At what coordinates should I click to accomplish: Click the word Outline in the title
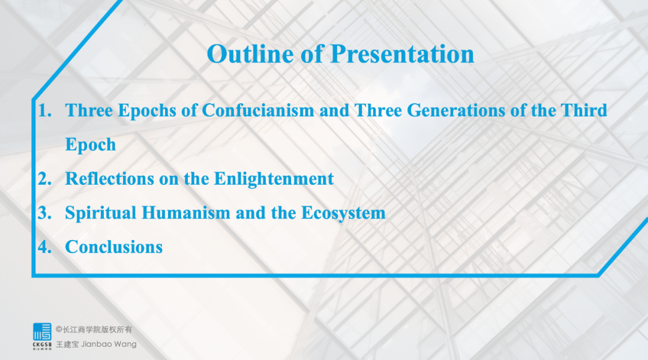[250, 54]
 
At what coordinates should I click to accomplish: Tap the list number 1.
[44, 111]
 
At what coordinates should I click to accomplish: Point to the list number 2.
[44, 179]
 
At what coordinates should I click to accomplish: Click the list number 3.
[44, 213]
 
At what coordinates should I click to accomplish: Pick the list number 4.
[44, 247]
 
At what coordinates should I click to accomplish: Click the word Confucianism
[258, 111]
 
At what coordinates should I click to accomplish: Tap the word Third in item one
[584, 111]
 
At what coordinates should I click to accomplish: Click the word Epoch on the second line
[91, 145]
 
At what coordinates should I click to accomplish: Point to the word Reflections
[110, 179]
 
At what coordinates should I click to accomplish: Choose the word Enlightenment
[274, 179]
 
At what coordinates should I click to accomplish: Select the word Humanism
[186, 213]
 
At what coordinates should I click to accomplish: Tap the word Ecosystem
[343, 213]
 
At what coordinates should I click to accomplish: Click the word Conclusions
[113, 247]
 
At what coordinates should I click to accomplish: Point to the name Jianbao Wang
[109, 344]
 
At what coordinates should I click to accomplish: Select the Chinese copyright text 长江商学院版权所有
[98, 329]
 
